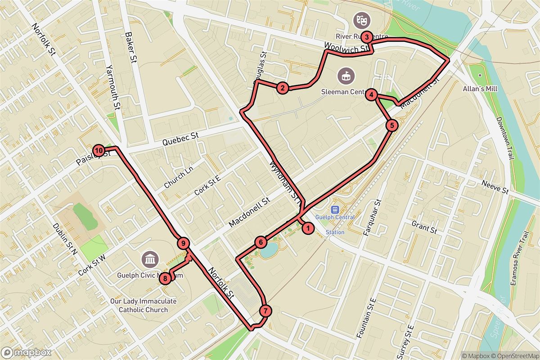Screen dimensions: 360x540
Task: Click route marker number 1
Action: pos(308,229)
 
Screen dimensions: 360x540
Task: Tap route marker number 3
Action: pos(367,37)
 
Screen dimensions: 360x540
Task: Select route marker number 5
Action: pos(392,126)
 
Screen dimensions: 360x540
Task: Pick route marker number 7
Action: pos(265,310)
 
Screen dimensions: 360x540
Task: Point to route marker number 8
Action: pos(166,279)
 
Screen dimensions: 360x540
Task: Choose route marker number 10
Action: pos(98,150)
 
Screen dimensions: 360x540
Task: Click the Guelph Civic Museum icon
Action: pos(149,259)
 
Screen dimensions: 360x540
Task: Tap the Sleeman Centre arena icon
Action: pos(346,75)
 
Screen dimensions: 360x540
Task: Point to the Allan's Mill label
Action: pos(480,89)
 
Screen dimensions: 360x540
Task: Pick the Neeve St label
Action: pos(495,187)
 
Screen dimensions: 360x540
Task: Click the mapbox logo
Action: pos(25,352)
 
